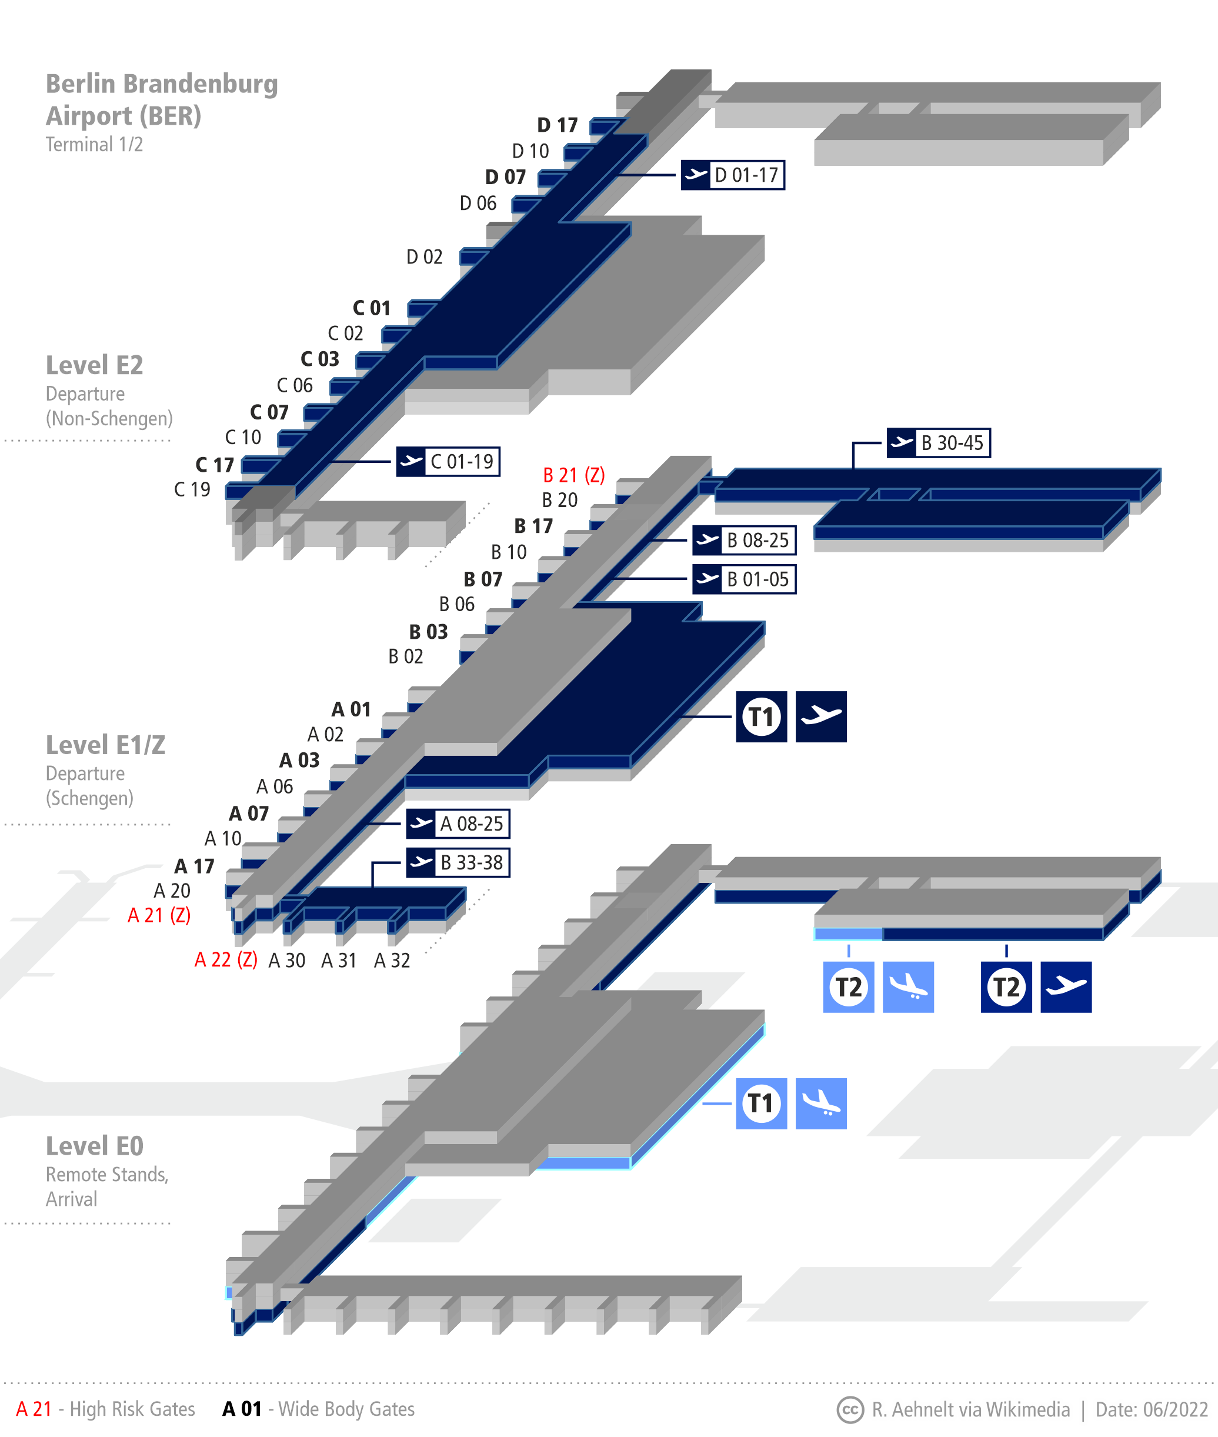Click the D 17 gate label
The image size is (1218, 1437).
pyautogui.click(x=557, y=125)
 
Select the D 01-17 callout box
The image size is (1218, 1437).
pyautogui.click(x=733, y=175)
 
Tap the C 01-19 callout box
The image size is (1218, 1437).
pyautogui.click(x=448, y=461)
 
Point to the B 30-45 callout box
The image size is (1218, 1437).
pyautogui.click(x=939, y=443)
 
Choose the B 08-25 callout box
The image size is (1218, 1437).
pyautogui.click(x=743, y=540)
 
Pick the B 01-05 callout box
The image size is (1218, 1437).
pyautogui.click(x=743, y=579)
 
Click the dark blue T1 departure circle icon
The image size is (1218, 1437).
pyautogui.click(x=761, y=717)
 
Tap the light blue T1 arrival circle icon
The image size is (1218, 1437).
pyautogui.click(x=761, y=1103)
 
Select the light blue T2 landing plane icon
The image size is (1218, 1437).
pyautogui.click(x=908, y=987)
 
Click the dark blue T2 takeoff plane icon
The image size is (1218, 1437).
pyautogui.click(x=1066, y=987)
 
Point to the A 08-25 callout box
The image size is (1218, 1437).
pyautogui.click(x=458, y=823)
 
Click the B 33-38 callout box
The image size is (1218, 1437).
pyautogui.click(x=458, y=862)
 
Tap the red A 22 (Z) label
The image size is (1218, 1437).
pyautogui.click(x=226, y=960)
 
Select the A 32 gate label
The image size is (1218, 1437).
pyautogui.click(x=392, y=961)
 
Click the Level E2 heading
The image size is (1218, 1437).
pyautogui.click(x=95, y=365)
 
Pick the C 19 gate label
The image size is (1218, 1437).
pyautogui.click(x=192, y=489)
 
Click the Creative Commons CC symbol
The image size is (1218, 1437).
pyautogui.click(x=850, y=1409)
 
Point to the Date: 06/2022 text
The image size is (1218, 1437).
pyautogui.click(x=1151, y=1409)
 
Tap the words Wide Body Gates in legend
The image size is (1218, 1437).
pyautogui.click(x=346, y=1409)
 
